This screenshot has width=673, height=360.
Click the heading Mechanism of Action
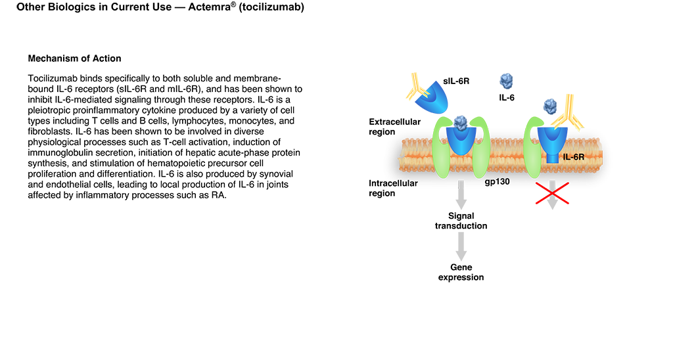click(x=75, y=58)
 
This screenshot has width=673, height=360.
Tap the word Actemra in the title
click(x=210, y=7)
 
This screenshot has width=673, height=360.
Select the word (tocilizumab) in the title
click(x=271, y=7)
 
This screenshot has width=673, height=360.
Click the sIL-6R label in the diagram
click(x=456, y=81)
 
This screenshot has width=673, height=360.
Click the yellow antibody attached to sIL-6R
click(x=417, y=87)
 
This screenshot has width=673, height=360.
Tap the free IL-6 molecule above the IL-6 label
click(x=507, y=81)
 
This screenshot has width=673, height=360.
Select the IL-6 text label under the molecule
click(x=507, y=98)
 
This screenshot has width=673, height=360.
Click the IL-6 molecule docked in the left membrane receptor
click(x=461, y=123)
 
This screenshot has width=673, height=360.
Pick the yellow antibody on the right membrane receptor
click(x=567, y=114)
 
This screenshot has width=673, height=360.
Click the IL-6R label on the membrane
click(x=573, y=157)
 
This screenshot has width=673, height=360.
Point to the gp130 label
click(x=497, y=182)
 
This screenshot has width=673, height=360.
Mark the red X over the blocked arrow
click(x=552, y=193)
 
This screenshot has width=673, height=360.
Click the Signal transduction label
click(x=461, y=221)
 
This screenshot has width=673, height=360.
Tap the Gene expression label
click(x=461, y=272)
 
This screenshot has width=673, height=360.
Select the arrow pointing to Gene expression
click(x=461, y=247)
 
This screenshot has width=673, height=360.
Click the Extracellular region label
click(x=394, y=127)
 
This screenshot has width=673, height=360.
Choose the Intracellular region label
click(x=393, y=188)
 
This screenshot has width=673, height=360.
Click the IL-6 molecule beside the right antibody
click(x=550, y=106)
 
